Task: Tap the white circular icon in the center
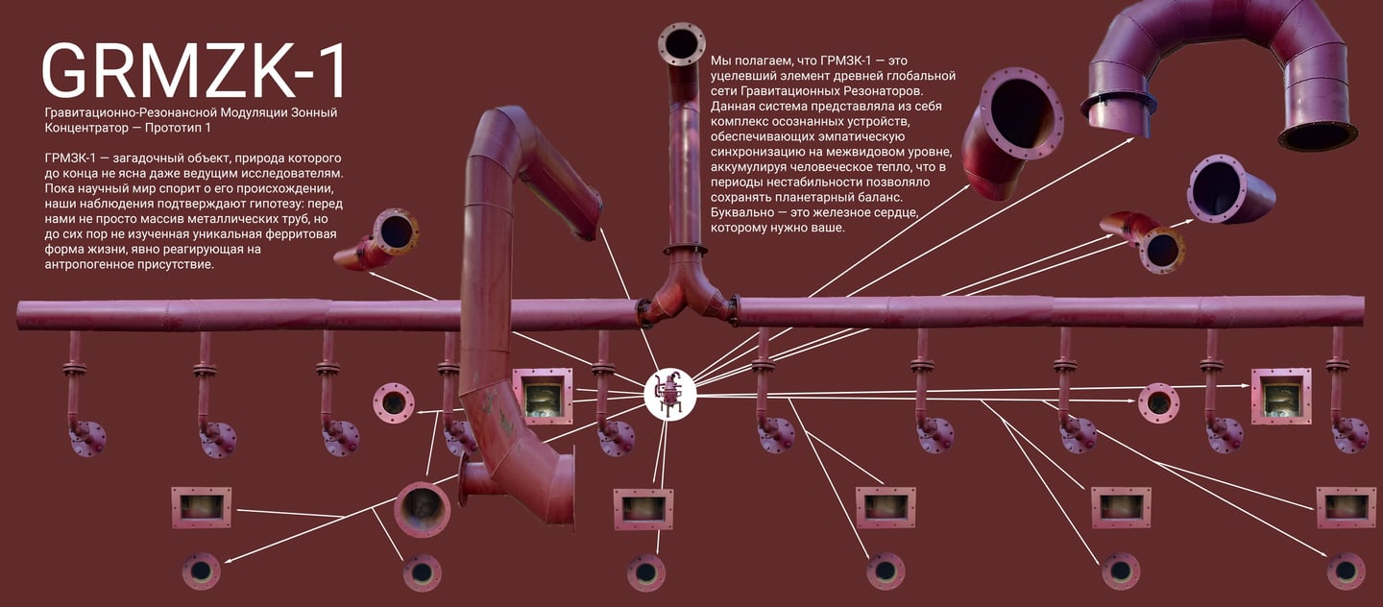669,394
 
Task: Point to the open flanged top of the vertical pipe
682,43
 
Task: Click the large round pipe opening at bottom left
422,508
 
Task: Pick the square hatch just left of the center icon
543,396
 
